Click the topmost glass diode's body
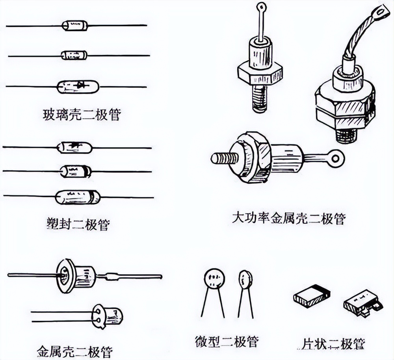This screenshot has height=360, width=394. click(75, 26)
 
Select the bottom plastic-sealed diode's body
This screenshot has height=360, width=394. click(78, 197)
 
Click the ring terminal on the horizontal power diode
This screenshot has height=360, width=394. click(335, 159)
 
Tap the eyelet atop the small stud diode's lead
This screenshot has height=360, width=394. click(261, 6)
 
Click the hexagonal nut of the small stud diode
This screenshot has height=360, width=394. click(260, 72)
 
